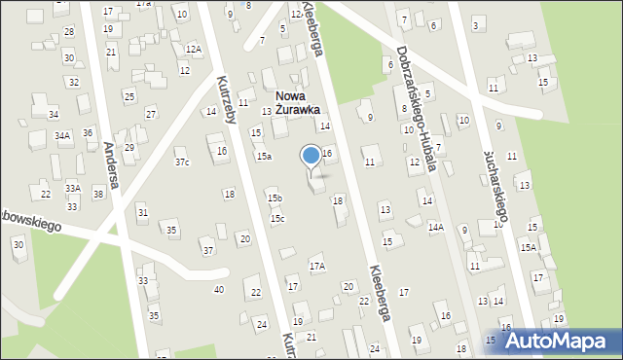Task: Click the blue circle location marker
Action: pyautogui.click(x=311, y=154)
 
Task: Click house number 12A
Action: pyautogui.click(x=193, y=49)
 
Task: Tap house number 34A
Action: pyautogui.click(x=62, y=136)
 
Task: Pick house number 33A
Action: pyautogui.click(x=73, y=188)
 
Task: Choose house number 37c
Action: pyautogui.click(x=182, y=162)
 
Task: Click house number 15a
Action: pyautogui.click(x=264, y=156)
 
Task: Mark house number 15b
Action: pyautogui.click(x=275, y=198)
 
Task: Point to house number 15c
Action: pyautogui.click(x=277, y=218)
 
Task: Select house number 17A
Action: pyautogui.click(x=316, y=266)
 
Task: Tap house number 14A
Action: pyautogui.click(x=436, y=227)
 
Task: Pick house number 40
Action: pyautogui.click(x=219, y=289)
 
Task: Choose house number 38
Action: pyautogui.click(x=98, y=194)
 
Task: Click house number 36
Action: pyautogui.click(x=88, y=132)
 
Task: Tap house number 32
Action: pyautogui.click(x=73, y=81)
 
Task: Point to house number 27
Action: pyautogui.click(x=151, y=114)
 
